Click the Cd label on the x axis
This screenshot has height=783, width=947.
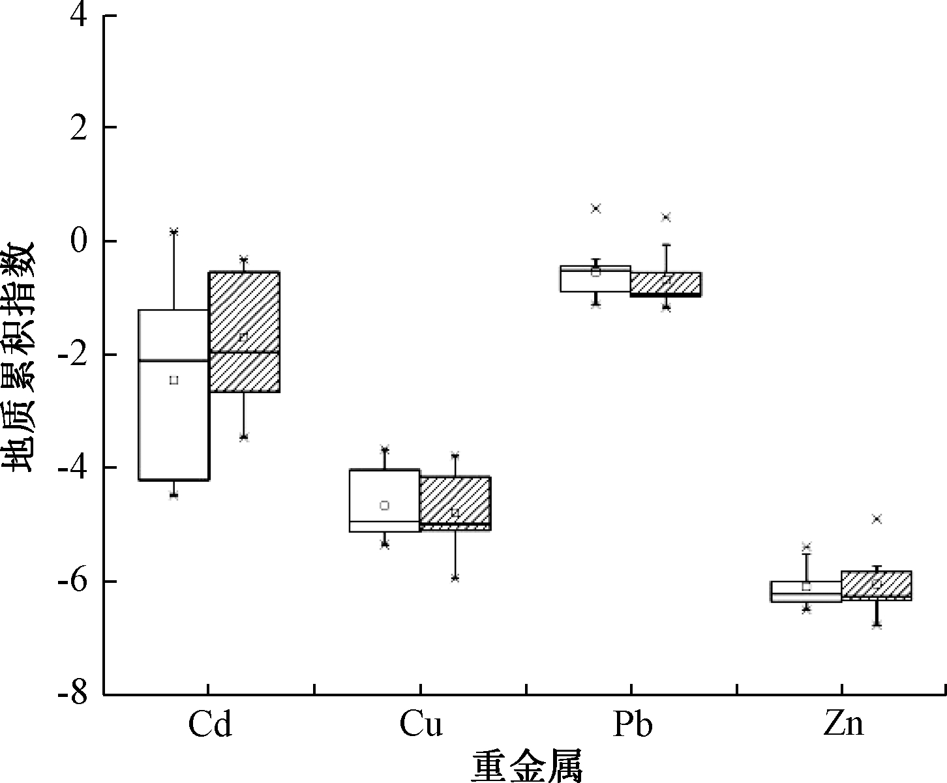(x=209, y=726)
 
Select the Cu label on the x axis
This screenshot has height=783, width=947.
(x=421, y=726)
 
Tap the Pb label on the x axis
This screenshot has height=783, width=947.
(x=632, y=726)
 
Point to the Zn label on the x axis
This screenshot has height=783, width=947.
(x=843, y=726)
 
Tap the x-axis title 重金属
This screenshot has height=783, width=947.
(x=527, y=766)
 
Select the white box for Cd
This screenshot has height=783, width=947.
(x=173, y=424)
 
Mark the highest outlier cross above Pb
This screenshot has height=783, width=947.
(x=595, y=209)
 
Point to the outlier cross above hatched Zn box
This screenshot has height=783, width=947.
(x=877, y=519)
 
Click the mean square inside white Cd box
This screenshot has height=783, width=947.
(x=173, y=380)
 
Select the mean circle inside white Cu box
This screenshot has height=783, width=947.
(x=385, y=505)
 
